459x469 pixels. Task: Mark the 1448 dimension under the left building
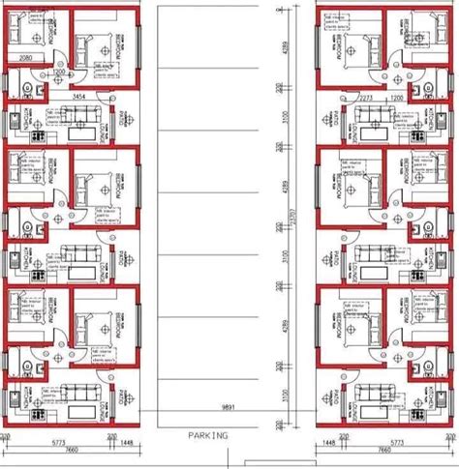click(127, 440)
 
